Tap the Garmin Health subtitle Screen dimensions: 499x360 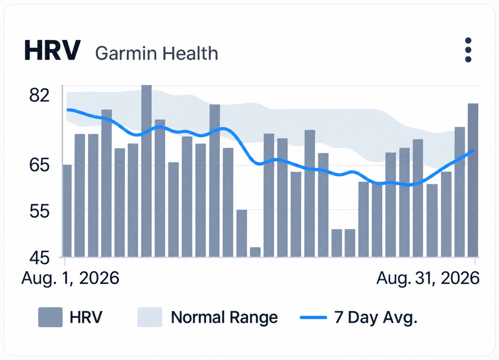157,53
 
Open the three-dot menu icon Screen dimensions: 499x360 468,50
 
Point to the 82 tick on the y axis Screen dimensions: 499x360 39,95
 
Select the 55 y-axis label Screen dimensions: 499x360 39,211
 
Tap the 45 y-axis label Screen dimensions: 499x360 39,258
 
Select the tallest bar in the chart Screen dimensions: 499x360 147,171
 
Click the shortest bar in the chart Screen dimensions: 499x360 255,252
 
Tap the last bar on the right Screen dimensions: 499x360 473,180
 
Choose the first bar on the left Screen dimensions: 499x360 67,211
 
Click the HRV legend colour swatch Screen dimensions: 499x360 50,317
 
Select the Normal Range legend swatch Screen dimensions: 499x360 150,317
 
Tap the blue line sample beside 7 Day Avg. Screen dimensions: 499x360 313,317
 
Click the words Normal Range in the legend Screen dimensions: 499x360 224,317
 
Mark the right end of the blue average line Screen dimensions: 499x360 473,151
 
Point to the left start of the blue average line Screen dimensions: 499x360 68,110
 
